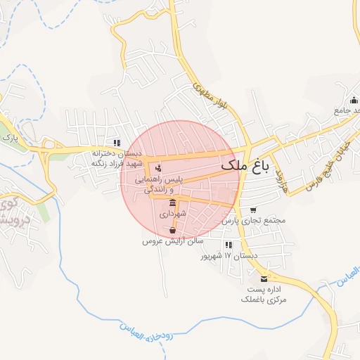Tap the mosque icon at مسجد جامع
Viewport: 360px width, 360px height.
[x=352, y=98]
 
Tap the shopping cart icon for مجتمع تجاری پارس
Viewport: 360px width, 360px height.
[x=253, y=210]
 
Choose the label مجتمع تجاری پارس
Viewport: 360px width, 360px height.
[x=254, y=220]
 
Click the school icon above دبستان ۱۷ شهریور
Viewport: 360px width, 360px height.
[x=229, y=245]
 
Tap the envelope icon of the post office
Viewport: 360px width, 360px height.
[x=264, y=279]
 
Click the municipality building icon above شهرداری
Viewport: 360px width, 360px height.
[x=172, y=202]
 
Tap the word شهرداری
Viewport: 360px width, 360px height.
[x=172, y=212]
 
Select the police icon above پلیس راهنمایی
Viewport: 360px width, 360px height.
[x=157, y=169]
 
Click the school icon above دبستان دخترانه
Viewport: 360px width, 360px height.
[x=117, y=142]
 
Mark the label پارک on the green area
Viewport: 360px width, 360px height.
[x=9, y=138]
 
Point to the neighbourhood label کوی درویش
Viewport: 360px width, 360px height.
[x=10, y=212]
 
